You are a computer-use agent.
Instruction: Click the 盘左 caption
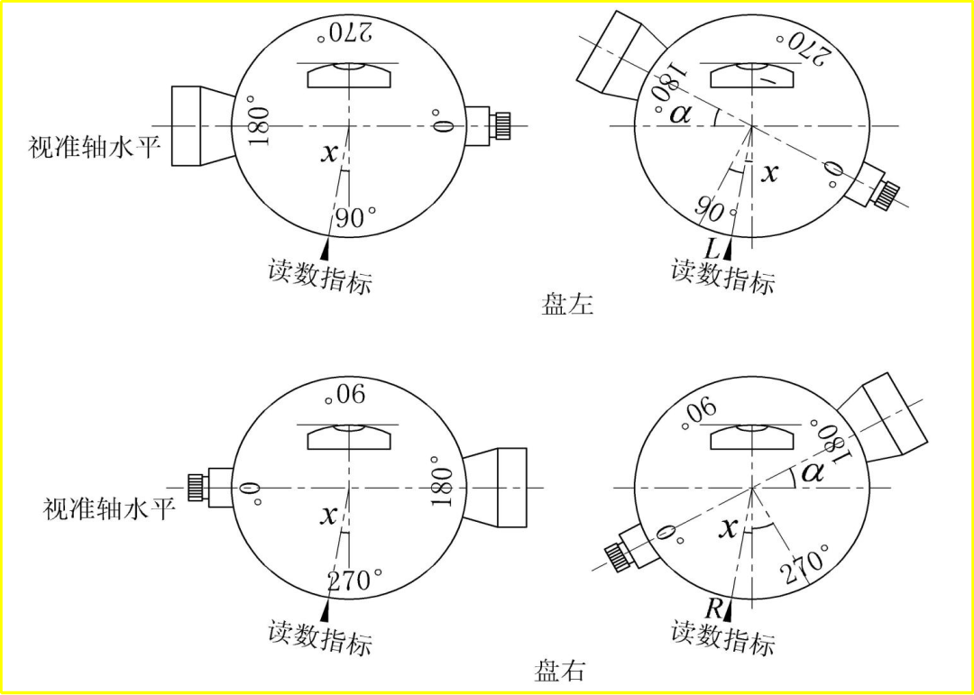[x=567, y=305]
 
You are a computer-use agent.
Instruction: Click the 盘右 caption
[x=559, y=672]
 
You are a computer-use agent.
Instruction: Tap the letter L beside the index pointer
[x=712, y=249]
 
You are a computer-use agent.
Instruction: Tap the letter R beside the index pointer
[x=713, y=610]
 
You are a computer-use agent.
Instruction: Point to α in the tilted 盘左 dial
[x=680, y=113]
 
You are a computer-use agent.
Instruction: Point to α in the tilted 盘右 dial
[x=812, y=474]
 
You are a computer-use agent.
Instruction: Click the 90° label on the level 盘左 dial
[x=355, y=218]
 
